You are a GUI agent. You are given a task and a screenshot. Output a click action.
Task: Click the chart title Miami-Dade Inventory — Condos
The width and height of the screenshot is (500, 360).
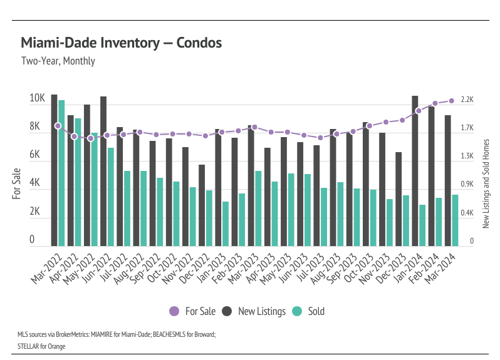tap(121, 43)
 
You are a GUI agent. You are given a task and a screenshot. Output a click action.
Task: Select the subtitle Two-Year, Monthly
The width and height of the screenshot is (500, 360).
tap(58, 61)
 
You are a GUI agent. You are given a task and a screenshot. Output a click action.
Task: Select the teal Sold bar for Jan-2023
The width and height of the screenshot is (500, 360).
tap(225, 224)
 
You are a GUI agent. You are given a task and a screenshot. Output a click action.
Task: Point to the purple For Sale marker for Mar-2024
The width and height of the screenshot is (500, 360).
tap(451, 101)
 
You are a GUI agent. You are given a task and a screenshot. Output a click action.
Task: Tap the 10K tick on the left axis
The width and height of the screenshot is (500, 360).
tap(37, 99)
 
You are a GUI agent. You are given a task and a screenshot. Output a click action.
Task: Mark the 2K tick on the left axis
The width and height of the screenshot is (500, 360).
tap(37, 212)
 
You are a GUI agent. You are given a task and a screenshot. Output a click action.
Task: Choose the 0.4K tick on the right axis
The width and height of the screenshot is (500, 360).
tap(467, 213)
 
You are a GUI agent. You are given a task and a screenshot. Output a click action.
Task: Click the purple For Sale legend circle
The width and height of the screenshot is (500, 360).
tap(174, 311)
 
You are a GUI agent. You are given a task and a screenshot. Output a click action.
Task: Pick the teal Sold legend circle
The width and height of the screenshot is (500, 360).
tap(297, 311)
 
